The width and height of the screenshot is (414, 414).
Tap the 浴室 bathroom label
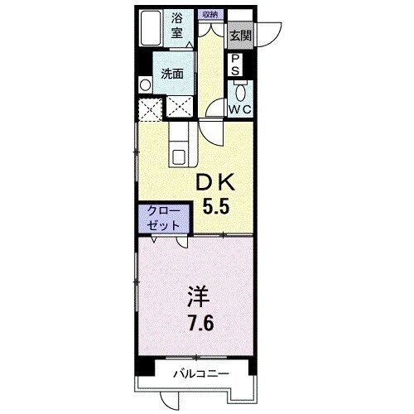(177, 26)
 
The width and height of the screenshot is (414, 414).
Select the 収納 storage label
(208, 14)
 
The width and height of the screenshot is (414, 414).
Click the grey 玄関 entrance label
(240, 36)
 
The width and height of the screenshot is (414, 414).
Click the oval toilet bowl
(239, 92)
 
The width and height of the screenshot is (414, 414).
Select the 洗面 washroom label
(172, 73)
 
